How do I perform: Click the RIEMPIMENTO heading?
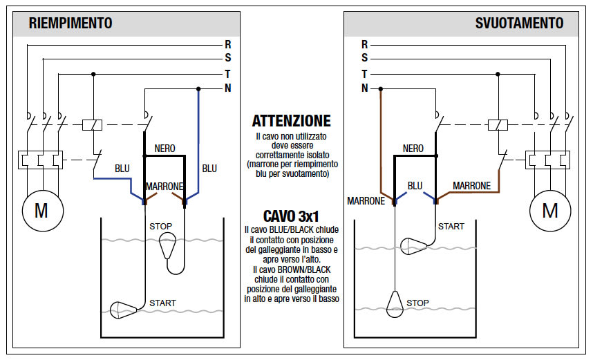pos(70,23)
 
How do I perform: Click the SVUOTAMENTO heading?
pos(519,23)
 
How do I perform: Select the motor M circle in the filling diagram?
pos(41,211)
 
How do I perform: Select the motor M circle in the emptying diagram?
pos(549,210)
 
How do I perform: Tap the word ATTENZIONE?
pos(291,121)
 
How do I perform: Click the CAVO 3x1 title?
pos(291,216)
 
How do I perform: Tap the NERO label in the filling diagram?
pos(164,149)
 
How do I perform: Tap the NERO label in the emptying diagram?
pos(413,149)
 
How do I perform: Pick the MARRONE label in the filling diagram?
pos(164,187)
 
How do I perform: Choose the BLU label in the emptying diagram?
pos(415,186)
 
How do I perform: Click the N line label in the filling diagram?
pos(227,88)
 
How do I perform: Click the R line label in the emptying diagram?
pos(365,44)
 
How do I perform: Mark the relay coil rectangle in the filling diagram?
pos(93,125)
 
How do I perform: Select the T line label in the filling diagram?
pos(227,73)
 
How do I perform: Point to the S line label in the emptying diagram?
pos(365,59)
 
